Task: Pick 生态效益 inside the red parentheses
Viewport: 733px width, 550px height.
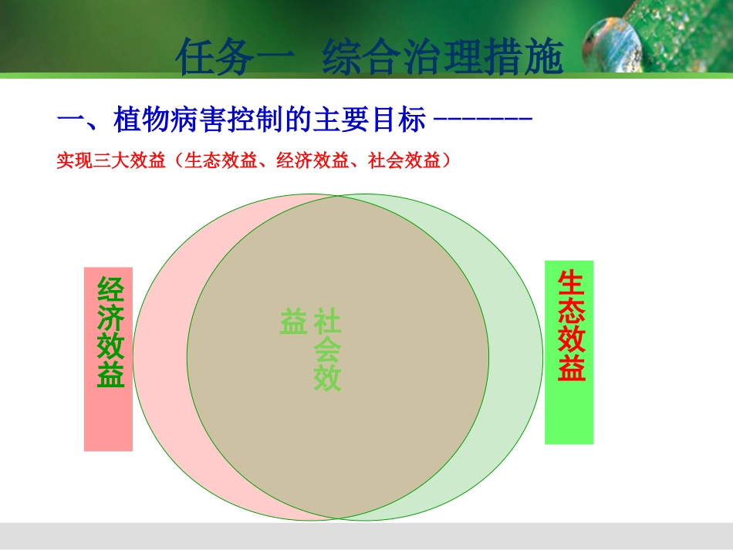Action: [x=221, y=161]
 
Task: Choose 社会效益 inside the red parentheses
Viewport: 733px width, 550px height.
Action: [x=404, y=161]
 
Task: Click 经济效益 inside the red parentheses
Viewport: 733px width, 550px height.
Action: [x=312, y=161]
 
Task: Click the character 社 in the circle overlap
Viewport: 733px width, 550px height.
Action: [x=328, y=322]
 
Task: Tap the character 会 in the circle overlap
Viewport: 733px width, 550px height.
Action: [x=327, y=350]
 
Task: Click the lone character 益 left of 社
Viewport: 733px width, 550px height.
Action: [x=293, y=322]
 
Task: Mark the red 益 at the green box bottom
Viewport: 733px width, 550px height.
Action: [x=572, y=369]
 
